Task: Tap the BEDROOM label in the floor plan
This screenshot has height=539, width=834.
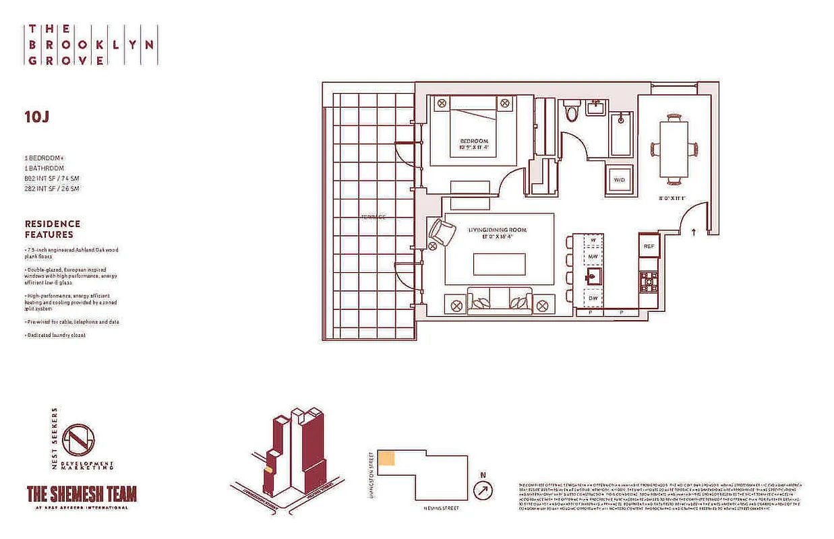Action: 473,141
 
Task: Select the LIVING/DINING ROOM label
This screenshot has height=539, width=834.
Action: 498,230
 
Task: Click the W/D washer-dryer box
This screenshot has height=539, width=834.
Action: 619,179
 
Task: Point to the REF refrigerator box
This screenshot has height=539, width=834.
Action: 649,246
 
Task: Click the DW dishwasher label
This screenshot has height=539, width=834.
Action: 593,297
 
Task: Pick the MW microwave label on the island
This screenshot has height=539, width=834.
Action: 593,257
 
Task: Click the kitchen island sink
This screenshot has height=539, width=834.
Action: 593,276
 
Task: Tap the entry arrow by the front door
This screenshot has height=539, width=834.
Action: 694,232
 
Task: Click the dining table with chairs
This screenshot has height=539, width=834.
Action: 674,148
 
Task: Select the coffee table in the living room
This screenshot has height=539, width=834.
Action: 499,264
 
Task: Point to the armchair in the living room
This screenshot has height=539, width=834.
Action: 442,233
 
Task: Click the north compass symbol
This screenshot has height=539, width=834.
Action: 483,490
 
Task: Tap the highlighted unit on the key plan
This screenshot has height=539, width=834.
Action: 386,458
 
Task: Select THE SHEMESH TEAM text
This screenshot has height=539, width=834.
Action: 81,494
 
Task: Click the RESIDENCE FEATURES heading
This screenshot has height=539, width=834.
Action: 53,229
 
